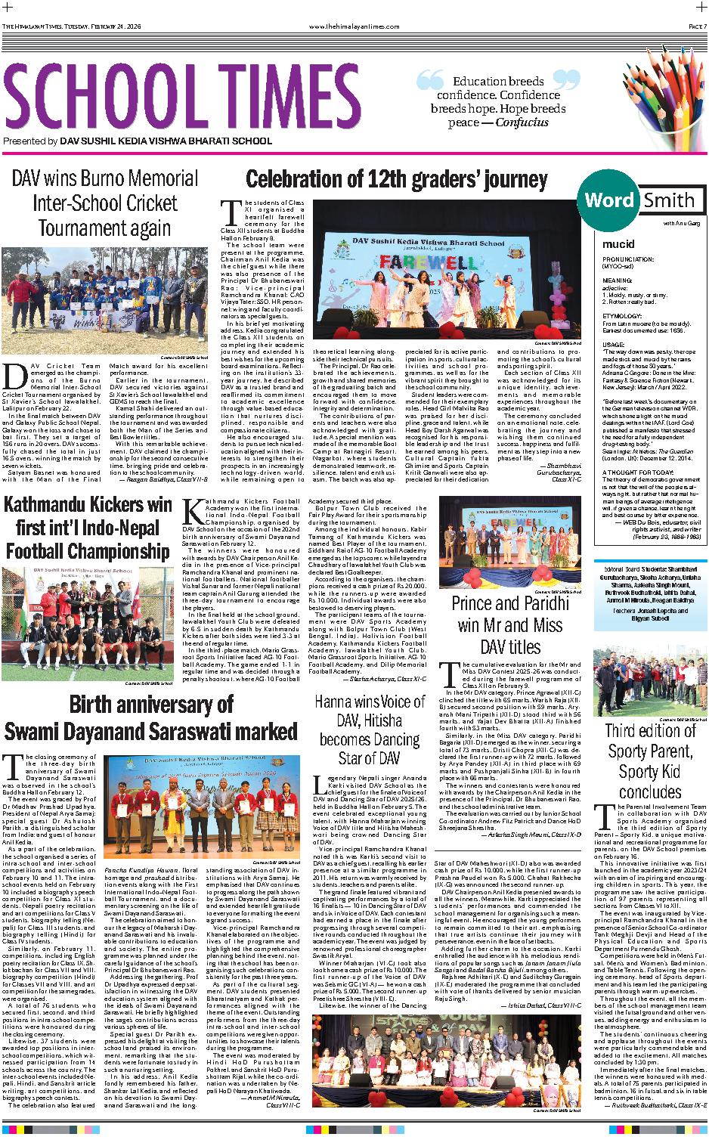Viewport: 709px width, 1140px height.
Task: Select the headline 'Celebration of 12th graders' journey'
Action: pos(396,180)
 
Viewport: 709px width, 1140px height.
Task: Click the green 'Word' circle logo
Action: pos(609,200)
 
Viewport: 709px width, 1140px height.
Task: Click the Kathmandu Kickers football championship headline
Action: pos(88,527)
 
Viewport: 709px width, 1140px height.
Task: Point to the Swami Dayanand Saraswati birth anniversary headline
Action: pos(151,718)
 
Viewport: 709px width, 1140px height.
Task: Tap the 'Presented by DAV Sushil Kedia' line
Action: pos(138,141)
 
